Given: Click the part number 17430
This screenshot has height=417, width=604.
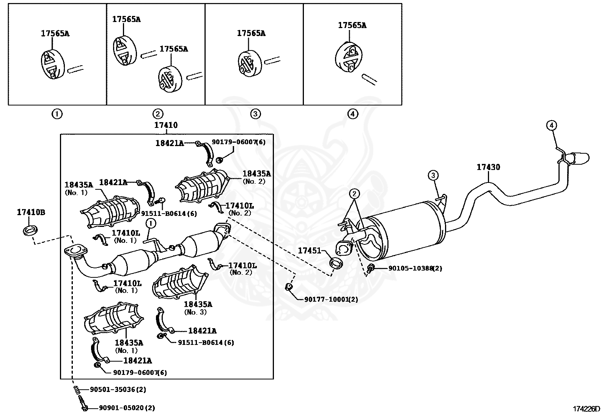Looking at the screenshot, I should click(488, 167).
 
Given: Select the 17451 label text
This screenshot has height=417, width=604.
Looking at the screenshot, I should click(309, 250).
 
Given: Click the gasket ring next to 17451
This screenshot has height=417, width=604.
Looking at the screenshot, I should click(336, 263).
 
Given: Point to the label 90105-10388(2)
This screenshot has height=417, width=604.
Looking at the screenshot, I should click(415, 268).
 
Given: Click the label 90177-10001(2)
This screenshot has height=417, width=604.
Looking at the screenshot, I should click(331, 299).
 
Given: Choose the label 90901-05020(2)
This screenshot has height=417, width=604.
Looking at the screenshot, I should click(127, 408).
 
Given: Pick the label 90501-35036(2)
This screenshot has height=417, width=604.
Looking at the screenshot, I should click(118, 389).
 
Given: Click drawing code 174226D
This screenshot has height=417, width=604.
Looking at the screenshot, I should click(586, 409).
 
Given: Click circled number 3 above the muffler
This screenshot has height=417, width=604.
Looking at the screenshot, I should click(433, 175).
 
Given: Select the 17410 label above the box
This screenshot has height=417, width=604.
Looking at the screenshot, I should click(166, 125).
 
